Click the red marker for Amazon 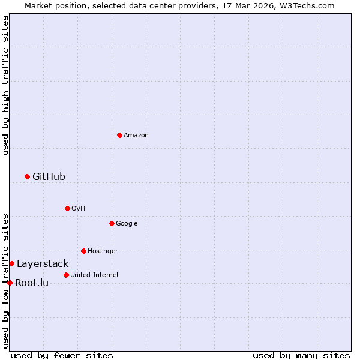[x=119, y=135]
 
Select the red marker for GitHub [x=27, y=176]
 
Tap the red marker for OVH [x=67, y=208]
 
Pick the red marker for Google [x=112, y=223]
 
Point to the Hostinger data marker [x=83, y=251]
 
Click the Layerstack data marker [x=11, y=263]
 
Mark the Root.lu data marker [x=10, y=283]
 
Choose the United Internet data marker [x=66, y=275]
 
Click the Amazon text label [x=136, y=136]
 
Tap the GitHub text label [x=49, y=176]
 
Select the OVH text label [x=78, y=209]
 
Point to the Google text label [x=127, y=224]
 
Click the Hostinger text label [x=103, y=251]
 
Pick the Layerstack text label [x=43, y=264]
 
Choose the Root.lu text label [x=32, y=283]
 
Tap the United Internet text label [x=94, y=275]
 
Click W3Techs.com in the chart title [x=305, y=5]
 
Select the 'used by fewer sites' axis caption [x=62, y=355]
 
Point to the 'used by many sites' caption [x=301, y=355]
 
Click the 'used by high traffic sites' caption [x=5, y=85]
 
